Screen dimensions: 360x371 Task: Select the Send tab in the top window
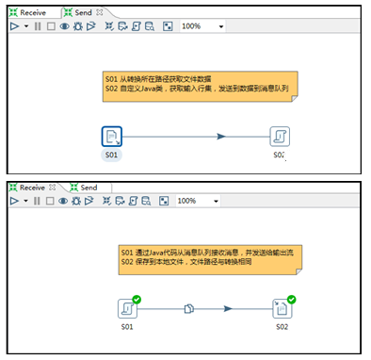(x=83, y=12)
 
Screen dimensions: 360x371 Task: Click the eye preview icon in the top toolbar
(x=65, y=26)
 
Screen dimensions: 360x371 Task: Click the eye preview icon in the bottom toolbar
(x=65, y=201)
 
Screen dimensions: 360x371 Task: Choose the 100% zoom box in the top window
(x=201, y=26)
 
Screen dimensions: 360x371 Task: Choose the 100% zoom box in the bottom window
(x=201, y=201)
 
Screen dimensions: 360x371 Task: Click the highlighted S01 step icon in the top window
(x=111, y=137)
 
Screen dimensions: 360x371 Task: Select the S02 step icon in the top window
(x=280, y=137)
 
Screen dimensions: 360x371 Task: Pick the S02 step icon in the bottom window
(x=282, y=308)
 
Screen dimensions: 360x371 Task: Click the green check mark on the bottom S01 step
(x=137, y=299)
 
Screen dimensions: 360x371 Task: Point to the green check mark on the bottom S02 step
(x=292, y=299)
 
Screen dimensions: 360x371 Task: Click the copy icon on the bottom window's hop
(x=188, y=308)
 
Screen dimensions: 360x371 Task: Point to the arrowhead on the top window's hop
(x=221, y=137)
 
